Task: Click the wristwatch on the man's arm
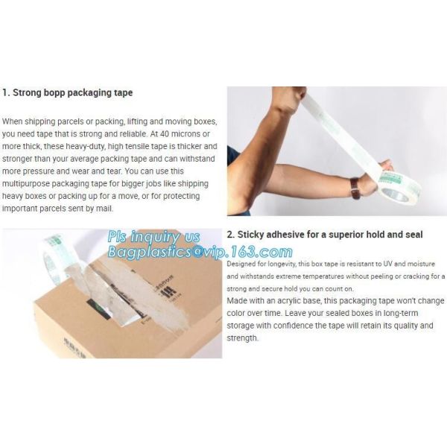[355, 188]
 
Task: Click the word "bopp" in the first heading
[54, 93]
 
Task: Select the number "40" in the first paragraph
[165, 133]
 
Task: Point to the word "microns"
[187, 133]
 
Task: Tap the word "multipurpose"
[26, 184]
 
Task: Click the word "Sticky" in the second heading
[250, 235]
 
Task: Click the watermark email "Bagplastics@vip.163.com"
[200, 252]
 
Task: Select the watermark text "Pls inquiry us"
[154, 237]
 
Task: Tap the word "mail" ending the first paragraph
[104, 209]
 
